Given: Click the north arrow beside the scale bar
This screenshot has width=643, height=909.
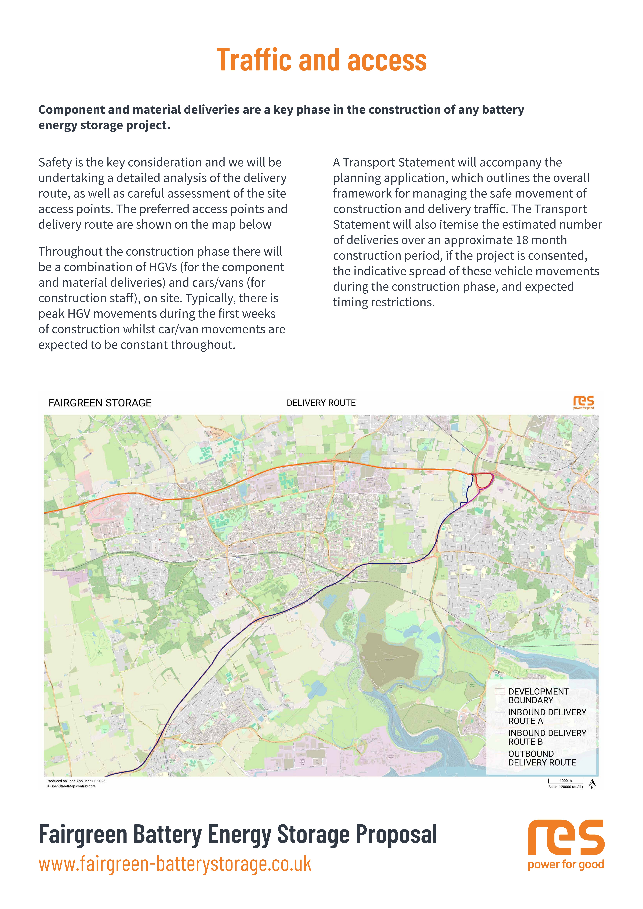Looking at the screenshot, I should (x=592, y=783).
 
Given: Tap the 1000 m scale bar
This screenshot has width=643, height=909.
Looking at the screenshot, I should (x=565, y=781).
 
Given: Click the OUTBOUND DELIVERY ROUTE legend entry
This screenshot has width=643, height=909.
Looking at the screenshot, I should (x=542, y=758).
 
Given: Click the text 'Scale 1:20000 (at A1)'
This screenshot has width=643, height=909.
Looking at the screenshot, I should (x=565, y=787).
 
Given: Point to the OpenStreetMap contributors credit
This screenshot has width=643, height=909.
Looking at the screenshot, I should (x=71, y=786).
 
